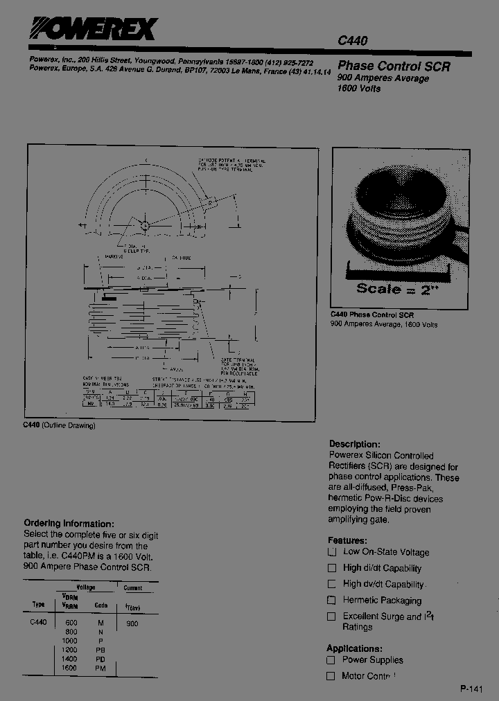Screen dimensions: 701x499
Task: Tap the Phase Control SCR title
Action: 394,66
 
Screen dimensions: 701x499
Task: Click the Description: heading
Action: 354,444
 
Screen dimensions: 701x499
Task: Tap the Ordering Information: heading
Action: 69,524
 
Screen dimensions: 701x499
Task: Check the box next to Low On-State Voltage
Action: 332,552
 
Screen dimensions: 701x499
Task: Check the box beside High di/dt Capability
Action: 332,568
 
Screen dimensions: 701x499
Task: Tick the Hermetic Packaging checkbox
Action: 332,600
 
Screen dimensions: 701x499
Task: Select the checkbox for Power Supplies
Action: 332,660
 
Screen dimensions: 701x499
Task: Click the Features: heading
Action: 347,540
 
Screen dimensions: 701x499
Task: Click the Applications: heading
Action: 354,648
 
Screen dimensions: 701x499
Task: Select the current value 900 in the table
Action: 132,623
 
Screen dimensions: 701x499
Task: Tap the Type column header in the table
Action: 38,605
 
